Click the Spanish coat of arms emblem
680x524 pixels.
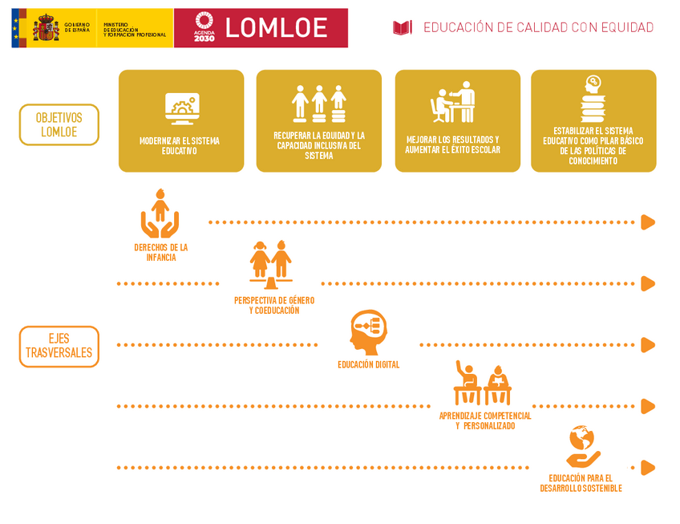[x=46, y=28]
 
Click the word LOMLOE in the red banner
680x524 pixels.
[x=276, y=28]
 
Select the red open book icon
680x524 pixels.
[x=402, y=28]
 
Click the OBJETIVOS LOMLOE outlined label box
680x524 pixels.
[x=59, y=124]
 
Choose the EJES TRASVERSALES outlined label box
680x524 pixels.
[x=59, y=347]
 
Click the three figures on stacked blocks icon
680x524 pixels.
[x=319, y=103]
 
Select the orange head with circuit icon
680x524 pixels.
[x=369, y=331]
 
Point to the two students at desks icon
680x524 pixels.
[x=483, y=384]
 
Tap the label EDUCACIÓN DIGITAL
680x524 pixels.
[x=368, y=364]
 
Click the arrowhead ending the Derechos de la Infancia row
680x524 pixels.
[x=648, y=222]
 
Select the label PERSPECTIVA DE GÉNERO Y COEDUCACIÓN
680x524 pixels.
[x=274, y=305]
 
